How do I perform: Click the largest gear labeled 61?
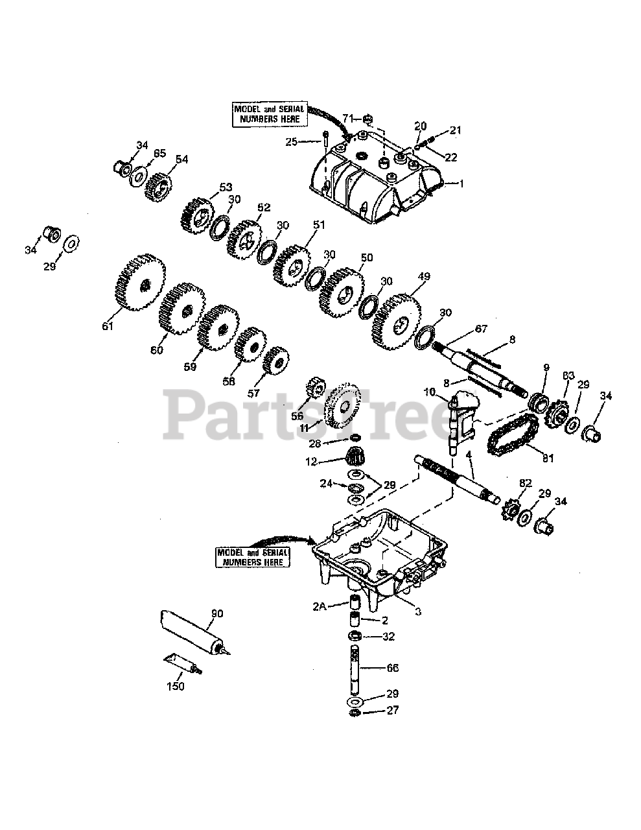point(141,283)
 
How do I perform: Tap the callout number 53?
point(225,187)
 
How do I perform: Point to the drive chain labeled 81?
point(513,434)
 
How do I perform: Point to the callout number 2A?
point(318,606)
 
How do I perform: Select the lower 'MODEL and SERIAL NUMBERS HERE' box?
point(253,557)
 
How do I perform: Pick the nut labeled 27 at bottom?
point(354,713)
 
